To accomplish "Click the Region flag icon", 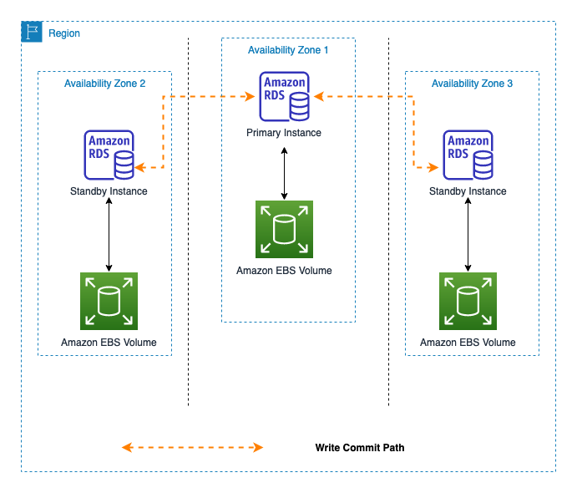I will (32, 32).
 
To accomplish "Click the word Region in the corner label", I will (64, 33).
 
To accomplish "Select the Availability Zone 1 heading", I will (288, 50).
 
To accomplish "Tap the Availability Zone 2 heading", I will (104, 84).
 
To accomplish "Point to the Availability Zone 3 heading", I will (472, 84).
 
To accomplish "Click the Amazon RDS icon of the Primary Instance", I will (284, 97).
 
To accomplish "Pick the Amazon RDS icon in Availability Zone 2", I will (109, 155).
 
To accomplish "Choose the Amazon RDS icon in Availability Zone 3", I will (468, 155).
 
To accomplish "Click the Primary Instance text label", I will (284, 133).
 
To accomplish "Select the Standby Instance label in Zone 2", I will (109, 191).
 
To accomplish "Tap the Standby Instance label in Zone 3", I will (468, 191).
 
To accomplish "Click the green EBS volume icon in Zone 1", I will (284, 229).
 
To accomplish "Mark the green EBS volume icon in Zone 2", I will (109, 301).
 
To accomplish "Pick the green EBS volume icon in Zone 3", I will (468, 301).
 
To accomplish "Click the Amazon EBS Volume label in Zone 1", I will (284, 270).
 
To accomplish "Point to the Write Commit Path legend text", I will (360, 448).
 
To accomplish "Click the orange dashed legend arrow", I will (192, 448).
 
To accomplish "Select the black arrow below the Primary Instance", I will (284, 174).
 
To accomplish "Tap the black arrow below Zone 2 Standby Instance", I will (109, 235).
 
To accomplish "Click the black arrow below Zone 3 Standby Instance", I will (468, 235).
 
